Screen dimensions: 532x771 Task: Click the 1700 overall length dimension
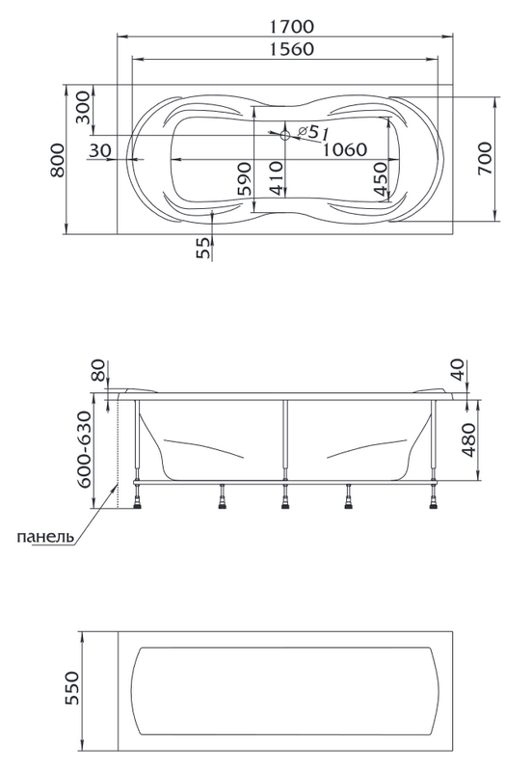291,26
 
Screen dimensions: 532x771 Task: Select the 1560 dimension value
291,49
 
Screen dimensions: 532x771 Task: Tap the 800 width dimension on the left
58,160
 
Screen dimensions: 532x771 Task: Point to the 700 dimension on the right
485,158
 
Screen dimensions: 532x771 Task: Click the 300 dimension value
83,107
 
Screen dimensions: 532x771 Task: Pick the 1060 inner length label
344,149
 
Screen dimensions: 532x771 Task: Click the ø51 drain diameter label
313,132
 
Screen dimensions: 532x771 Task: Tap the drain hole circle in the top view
284,135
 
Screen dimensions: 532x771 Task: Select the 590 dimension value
245,179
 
